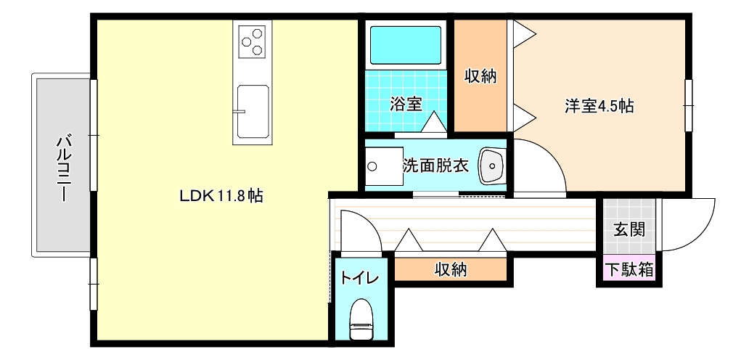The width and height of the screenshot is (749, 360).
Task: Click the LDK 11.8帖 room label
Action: click(x=221, y=195)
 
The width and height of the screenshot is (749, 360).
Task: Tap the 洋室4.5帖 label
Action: click(x=599, y=106)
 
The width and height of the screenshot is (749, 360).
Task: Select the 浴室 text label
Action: click(x=406, y=104)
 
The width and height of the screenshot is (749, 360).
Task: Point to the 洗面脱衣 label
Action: click(x=435, y=165)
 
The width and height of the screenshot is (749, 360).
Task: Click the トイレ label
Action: click(x=359, y=278)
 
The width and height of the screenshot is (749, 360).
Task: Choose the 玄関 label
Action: click(x=629, y=230)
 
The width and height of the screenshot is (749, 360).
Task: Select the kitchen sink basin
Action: click(x=253, y=112)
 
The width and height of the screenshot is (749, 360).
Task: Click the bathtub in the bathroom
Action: click(x=406, y=45)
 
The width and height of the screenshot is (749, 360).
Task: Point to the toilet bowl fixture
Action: click(x=361, y=319)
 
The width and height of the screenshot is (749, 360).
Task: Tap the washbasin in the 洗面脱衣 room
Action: click(x=492, y=165)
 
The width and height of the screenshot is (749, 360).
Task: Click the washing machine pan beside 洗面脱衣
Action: click(x=384, y=166)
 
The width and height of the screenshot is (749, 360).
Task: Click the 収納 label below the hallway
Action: click(x=451, y=270)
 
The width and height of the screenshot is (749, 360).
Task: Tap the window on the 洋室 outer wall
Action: click(x=689, y=105)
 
